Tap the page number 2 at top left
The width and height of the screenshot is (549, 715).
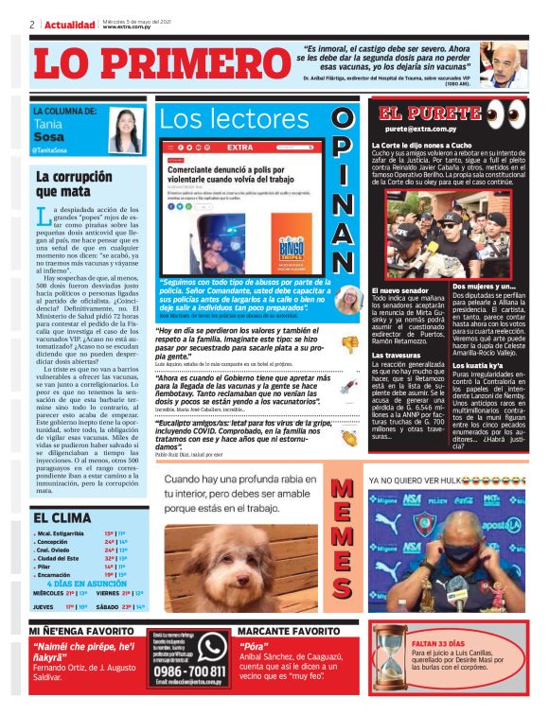(32, 25)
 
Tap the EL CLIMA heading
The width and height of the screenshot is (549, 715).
(62, 517)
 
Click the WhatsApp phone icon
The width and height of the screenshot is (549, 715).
(210, 647)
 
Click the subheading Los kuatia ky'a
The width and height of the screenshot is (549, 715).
(482, 364)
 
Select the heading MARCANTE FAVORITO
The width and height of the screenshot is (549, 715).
(288, 630)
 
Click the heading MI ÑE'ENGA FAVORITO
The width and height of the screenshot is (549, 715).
(80, 630)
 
